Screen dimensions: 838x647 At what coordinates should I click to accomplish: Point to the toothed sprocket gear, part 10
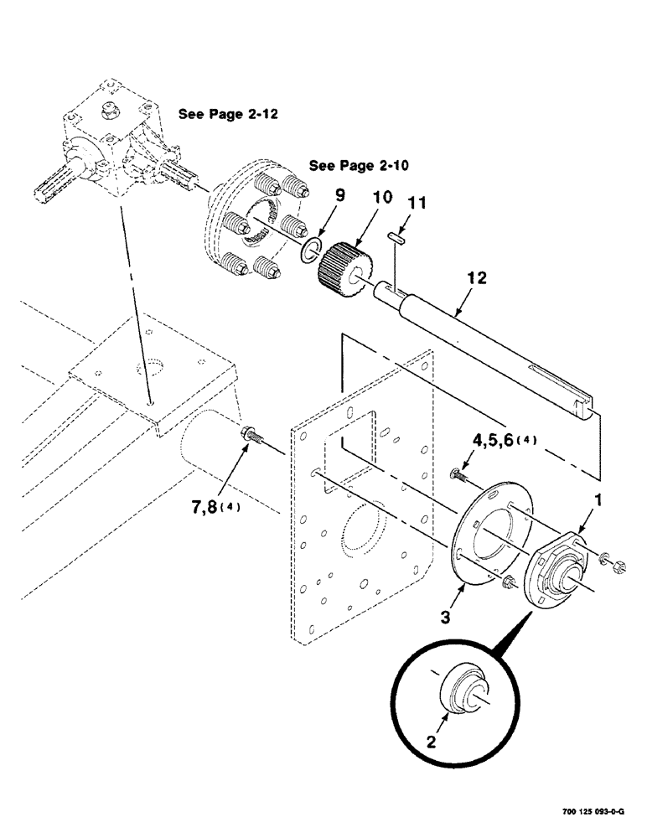[x=344, y=264]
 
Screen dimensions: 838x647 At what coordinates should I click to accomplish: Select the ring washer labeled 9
[x=311, y=249]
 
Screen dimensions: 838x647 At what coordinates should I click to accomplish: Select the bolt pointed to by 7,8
[x=251, y=436]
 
